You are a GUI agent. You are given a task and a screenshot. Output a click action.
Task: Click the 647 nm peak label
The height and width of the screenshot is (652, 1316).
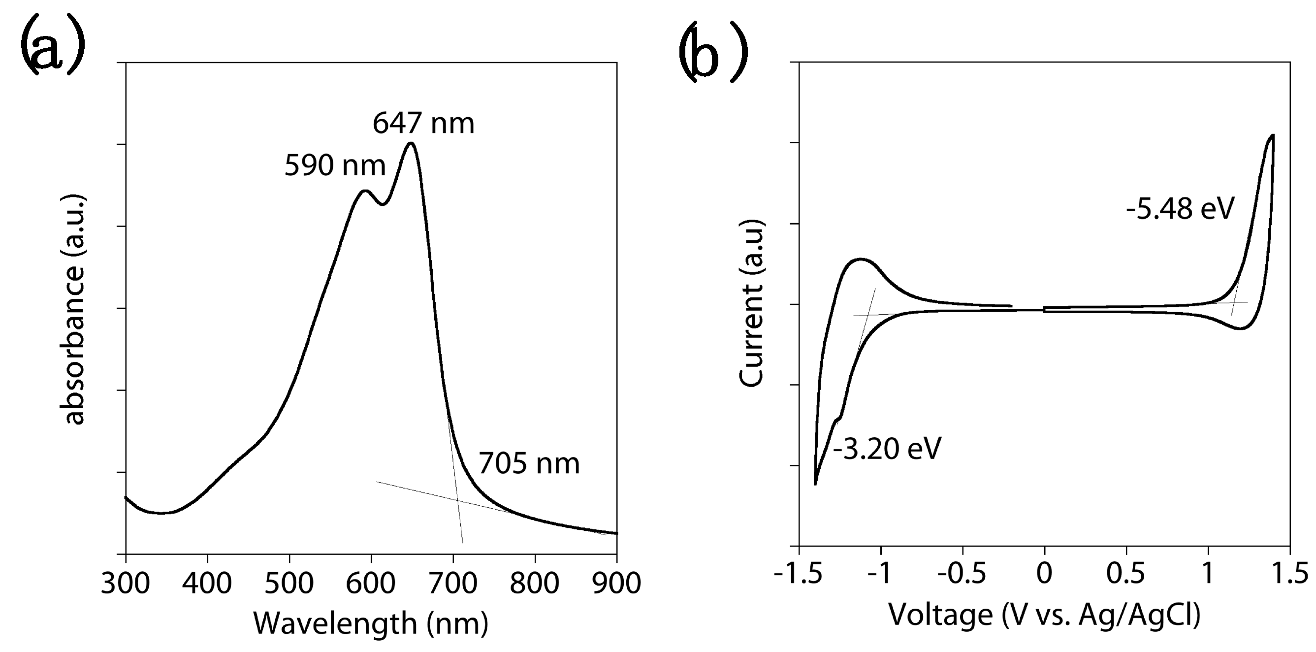pos(423,123)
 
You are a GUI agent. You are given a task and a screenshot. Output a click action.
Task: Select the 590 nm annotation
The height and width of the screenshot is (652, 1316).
pos(335,165)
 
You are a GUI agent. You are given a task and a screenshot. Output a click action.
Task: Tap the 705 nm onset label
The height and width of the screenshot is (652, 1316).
pos(529,464)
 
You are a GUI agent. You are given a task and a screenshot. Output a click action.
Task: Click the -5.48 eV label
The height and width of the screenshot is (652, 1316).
pos(1180,208)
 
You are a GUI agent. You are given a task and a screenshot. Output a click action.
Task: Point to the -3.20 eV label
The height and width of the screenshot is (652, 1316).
pos(887,449)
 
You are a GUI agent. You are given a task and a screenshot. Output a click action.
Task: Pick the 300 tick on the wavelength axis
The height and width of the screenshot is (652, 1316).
pos(126,584)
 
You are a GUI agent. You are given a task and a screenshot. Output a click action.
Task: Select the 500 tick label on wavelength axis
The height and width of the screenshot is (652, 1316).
pos(289,584)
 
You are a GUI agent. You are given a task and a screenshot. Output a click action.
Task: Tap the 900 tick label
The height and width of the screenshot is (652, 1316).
pos(616,584)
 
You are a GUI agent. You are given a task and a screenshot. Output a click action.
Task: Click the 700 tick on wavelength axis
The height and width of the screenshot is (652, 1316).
pos(452,584)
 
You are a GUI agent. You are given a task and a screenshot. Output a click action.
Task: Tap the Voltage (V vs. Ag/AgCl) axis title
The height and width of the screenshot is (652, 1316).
pos(1044,615)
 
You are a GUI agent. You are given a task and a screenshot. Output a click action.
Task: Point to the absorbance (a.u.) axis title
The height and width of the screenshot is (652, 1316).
pos(74,309)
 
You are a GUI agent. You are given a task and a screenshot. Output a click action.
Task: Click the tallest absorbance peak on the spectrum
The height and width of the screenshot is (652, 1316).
pos(411,143)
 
